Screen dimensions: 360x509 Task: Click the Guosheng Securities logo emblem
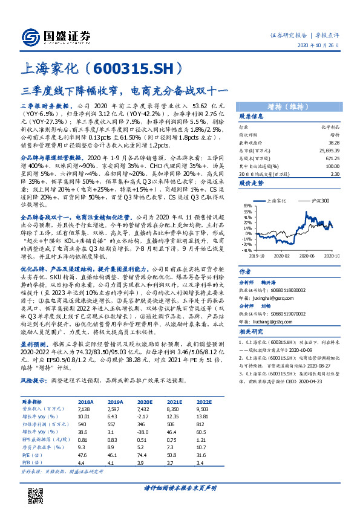[28, 36]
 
